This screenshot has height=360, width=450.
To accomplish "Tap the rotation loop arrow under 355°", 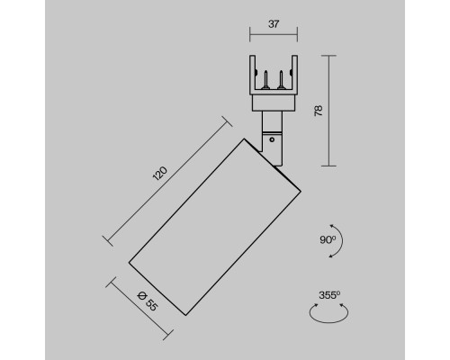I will tap(328, 312).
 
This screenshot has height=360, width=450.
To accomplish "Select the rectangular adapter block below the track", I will tap(272, 102).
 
